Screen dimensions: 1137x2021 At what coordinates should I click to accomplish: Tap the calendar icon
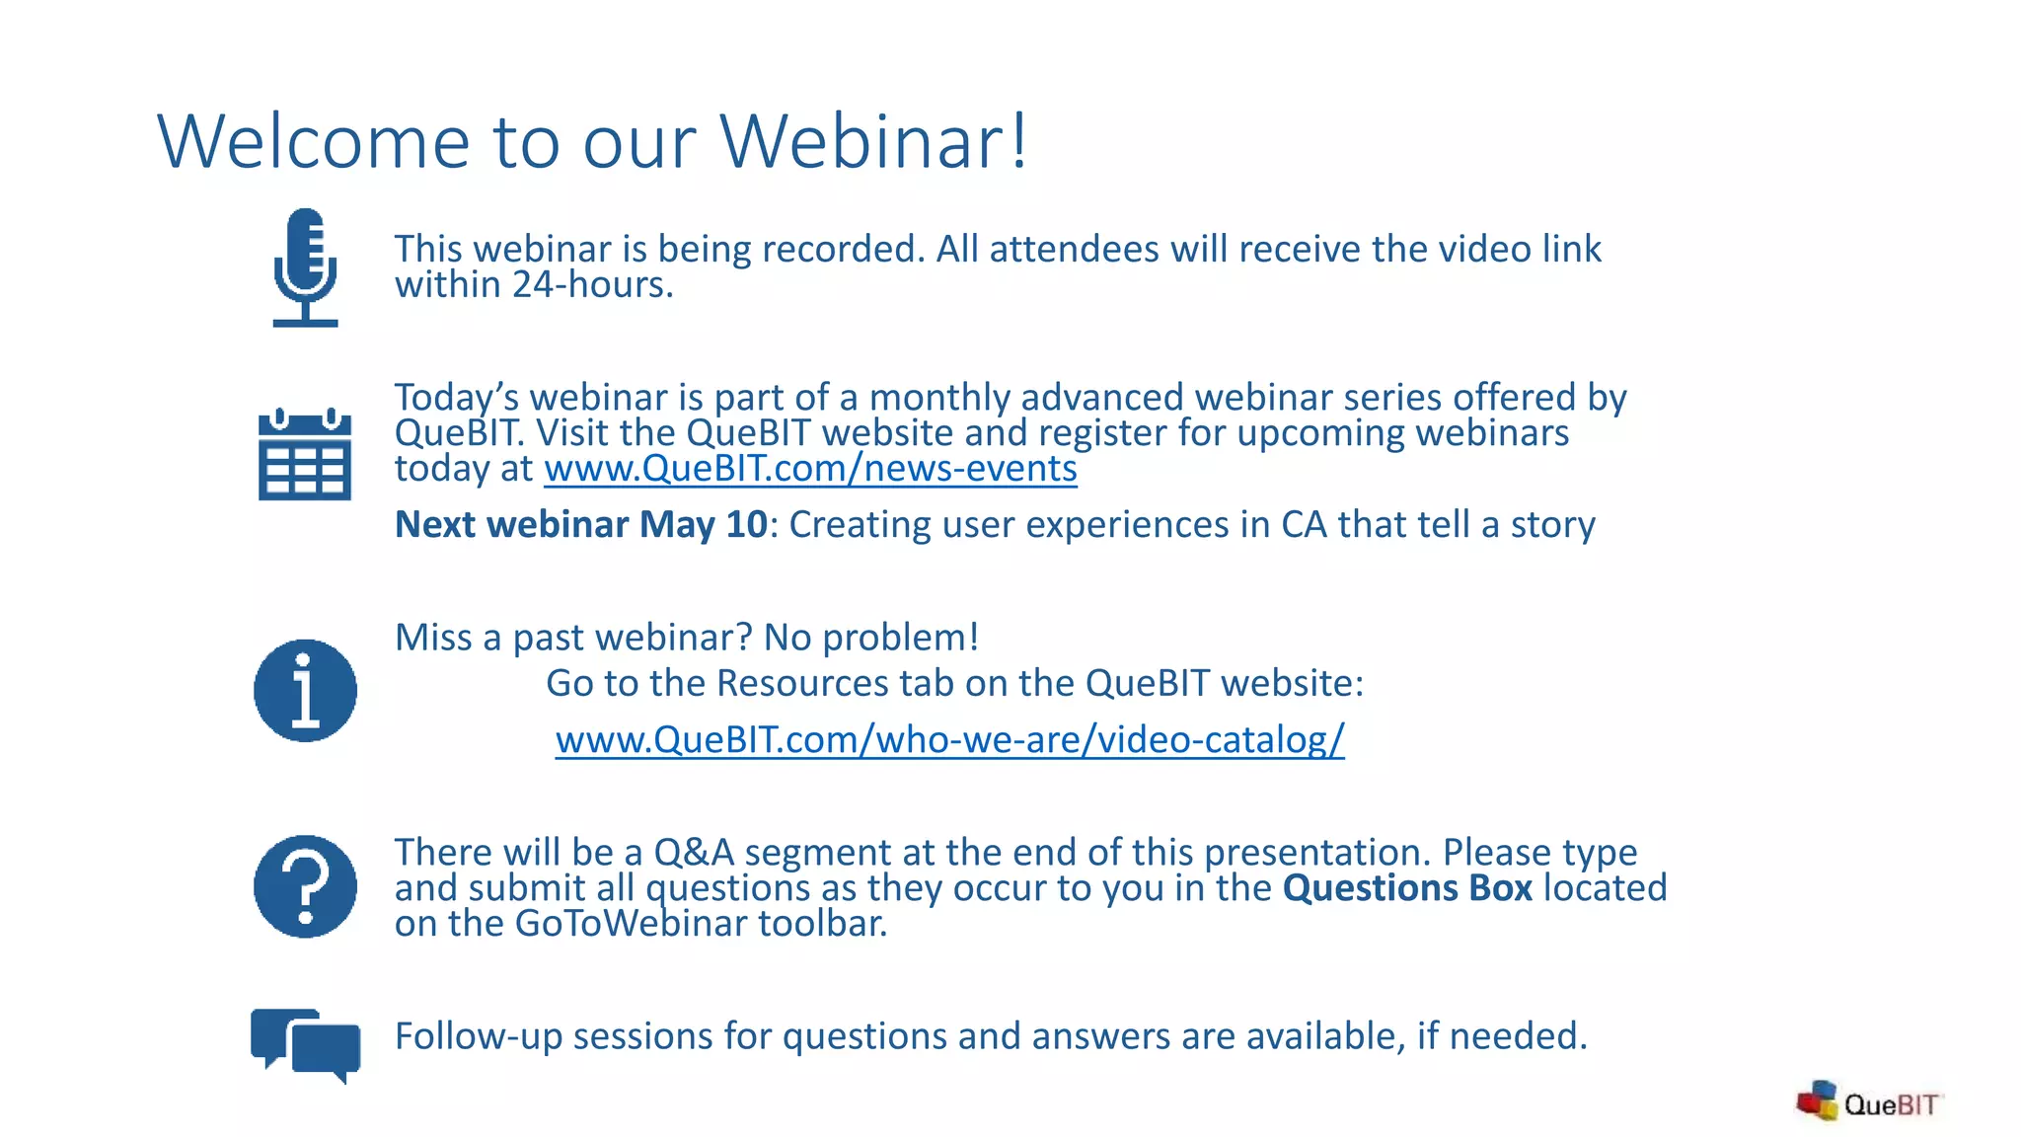[x=305, y=455]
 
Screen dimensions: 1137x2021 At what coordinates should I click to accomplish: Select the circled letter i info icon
[x=305, y=690]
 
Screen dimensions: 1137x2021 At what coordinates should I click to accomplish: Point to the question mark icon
[x=305, y=886]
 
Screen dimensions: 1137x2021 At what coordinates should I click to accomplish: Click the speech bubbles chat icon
[x=306, y=1045]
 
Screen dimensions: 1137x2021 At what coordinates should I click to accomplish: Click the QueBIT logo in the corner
[x=1868, y=1102]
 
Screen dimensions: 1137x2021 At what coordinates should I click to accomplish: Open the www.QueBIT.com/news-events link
[x=810, y=469]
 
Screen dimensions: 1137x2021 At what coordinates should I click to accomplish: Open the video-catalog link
[x=949, y=739]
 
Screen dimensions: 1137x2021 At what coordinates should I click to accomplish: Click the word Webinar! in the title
[x=874, y=142]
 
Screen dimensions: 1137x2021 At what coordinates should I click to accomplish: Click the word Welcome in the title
[x=313, y=142]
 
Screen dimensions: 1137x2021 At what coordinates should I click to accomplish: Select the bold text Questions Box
[x=1407, y=888]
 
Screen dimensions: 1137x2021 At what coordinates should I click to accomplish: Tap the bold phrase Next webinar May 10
[x=580, y=525]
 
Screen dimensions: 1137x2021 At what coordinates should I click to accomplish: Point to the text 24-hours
[x=592, y=285]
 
